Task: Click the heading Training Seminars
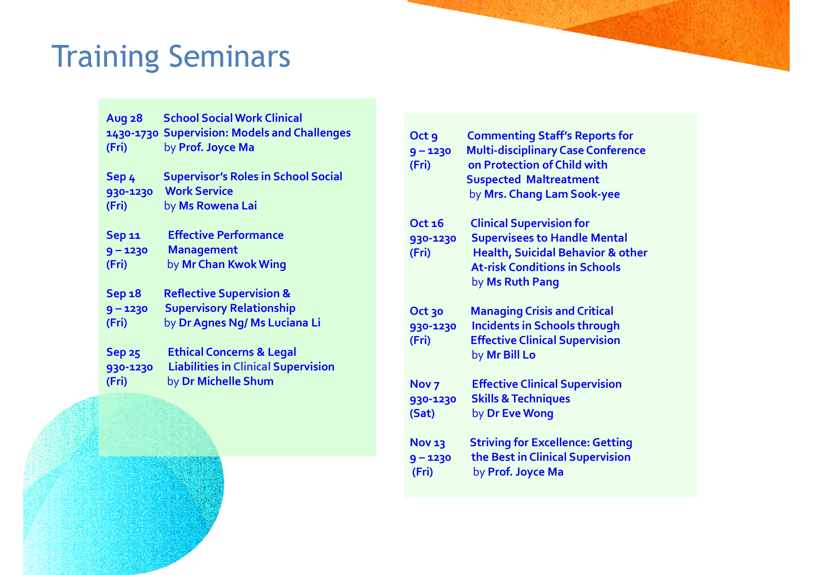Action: coord(171,57)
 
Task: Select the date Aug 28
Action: coord(124,119)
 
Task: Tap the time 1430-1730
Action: coord(132,134)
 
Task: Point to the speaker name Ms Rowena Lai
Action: coord(218,206)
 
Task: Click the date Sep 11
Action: coord(123,235)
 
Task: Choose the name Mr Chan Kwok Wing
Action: coord(234,265)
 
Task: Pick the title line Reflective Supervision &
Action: coord(227,294)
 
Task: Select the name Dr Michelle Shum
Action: coord(228,381)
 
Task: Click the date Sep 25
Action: coord(123,353)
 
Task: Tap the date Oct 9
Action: coord(423,136)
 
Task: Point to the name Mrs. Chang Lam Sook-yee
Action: coord(552,194)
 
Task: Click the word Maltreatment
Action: coord(563,179)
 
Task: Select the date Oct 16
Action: coord(426,224)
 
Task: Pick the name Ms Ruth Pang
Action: coord(523,282)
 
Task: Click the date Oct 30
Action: coord(426,311)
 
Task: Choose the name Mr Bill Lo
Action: coord(511,355)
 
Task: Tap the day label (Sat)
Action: coord(422,414)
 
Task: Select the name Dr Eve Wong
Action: coord(520,414)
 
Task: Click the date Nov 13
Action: coord(427,443)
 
